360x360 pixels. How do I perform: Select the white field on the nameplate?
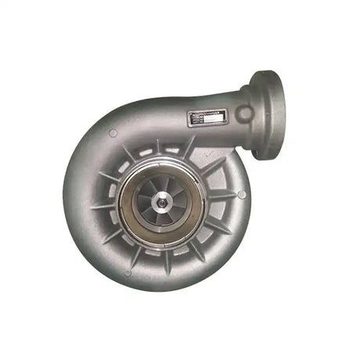(216, 120)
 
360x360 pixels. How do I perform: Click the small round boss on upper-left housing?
(113, 134)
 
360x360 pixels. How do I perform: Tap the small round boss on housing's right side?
(242, 193)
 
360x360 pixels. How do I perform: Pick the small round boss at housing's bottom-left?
(127, 272)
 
